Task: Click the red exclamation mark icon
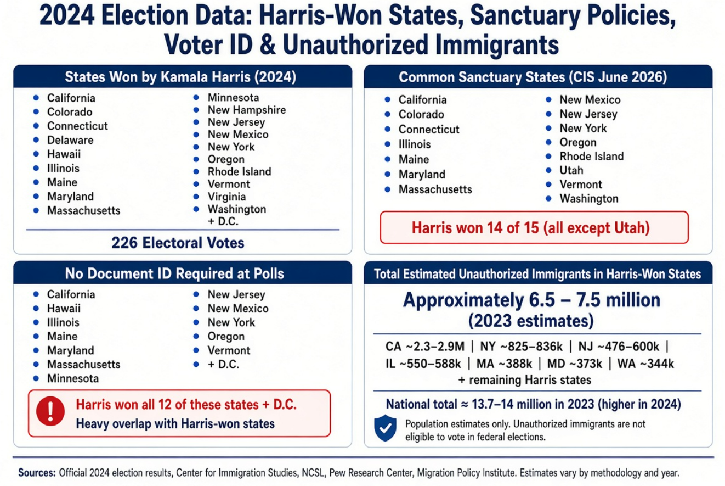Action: point(50,411)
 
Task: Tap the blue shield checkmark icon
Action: point(385,428)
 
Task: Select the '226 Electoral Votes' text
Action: point(178,243)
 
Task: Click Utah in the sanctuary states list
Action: point(571,170)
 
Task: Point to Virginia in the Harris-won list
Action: point(226,197)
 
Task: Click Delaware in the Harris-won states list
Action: point(70,140)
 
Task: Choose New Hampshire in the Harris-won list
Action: point(247,110)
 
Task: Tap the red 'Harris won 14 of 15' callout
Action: point(534,227)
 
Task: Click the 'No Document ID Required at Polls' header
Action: point(174,273)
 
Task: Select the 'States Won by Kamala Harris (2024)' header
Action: point(180,77)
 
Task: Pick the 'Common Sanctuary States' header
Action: point(533,77)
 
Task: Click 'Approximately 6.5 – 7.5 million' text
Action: point(531,300)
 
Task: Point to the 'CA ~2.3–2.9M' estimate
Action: point(424,347)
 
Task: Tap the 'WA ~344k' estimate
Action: point(645,364)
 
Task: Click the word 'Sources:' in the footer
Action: point(37,473)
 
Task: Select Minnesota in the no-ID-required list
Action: point(73,378)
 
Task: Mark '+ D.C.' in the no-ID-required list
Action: point(223,364)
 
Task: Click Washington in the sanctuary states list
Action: point(589,198)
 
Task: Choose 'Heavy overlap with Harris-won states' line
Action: point(175,423)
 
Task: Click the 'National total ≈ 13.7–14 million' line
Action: point(534,404)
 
